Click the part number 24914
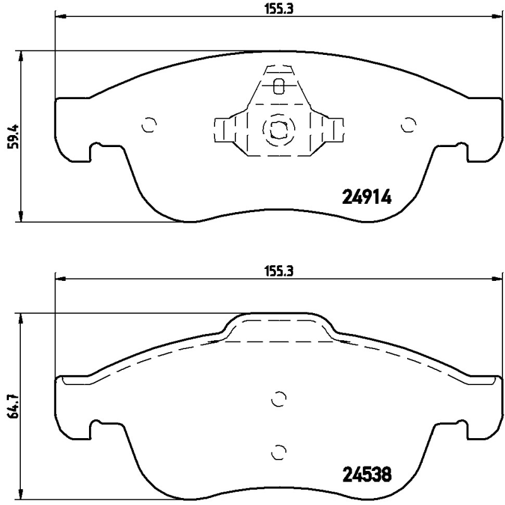coord(367,198)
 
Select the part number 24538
coord(367,473)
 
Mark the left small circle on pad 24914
coord(149,126)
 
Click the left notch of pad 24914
coord(97,151)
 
